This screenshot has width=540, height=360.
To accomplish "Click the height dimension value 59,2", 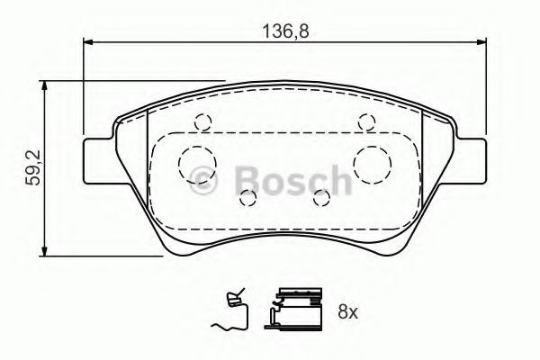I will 31,167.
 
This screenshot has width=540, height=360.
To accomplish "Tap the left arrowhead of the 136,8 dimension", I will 88,40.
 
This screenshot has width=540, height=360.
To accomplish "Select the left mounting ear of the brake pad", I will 97,159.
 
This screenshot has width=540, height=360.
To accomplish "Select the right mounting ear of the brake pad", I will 472,159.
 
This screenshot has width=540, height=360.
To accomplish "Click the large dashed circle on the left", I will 196,163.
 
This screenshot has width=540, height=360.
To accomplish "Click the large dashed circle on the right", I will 372,163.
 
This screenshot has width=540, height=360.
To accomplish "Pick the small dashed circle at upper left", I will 203,123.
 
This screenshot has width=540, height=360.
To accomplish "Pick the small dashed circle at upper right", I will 365,123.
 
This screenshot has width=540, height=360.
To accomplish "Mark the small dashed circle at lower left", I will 247,198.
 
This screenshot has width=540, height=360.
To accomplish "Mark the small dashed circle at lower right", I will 320,198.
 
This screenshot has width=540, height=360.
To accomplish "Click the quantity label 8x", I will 346,312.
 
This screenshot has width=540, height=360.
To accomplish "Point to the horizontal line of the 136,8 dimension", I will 180,40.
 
